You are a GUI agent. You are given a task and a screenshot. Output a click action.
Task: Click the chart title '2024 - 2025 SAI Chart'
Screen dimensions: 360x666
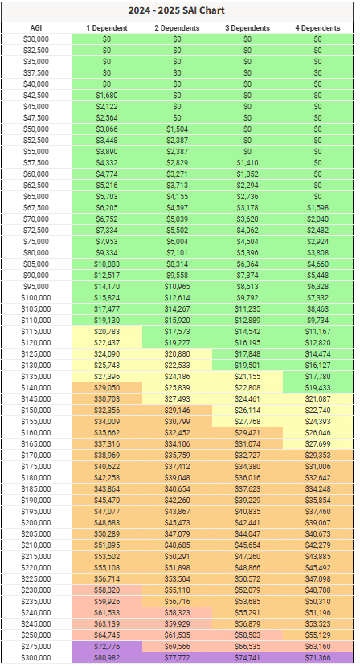point(177,10)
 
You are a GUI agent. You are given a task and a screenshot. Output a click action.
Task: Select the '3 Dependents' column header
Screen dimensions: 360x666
point(247,28)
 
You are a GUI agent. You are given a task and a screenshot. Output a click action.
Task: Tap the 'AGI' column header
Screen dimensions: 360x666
point(36,28)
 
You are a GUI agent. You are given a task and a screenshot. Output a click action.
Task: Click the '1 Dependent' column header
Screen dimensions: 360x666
point(107,28)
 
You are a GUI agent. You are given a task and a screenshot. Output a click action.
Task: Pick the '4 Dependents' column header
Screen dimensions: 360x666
point(318,28)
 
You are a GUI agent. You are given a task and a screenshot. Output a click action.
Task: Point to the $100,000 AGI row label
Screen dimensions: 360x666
point(36,298)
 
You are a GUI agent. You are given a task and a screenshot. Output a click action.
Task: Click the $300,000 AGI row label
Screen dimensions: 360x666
point(36,657)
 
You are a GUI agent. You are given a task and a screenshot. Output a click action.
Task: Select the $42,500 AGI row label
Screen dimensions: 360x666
point(36,95)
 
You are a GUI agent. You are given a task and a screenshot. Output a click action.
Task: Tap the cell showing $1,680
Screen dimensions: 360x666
point(107,95)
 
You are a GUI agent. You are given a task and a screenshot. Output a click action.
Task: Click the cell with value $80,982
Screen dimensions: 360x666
point(107,657)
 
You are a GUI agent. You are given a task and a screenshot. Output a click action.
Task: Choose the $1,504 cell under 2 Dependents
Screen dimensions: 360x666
point(178,129)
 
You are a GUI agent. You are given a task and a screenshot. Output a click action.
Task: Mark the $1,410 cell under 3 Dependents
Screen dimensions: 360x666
point(247,162)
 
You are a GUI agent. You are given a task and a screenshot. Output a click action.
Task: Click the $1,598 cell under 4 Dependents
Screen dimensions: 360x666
point(318,208)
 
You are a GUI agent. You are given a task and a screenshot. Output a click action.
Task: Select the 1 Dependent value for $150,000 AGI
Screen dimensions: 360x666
point(107,411)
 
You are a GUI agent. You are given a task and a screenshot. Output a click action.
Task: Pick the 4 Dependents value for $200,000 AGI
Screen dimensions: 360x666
point(318,522)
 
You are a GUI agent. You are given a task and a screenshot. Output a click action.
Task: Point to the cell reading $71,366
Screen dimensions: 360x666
point(318,657)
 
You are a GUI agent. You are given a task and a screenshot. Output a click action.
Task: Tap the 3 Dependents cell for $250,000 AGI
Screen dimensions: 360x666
point(247,635)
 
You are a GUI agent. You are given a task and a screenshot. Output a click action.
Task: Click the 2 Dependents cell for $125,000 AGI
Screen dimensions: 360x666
point(178,353)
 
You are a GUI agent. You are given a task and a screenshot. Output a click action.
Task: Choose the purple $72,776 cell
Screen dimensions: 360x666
point(107,647)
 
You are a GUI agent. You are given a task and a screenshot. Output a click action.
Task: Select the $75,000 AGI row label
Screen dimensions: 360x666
point(36,242)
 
